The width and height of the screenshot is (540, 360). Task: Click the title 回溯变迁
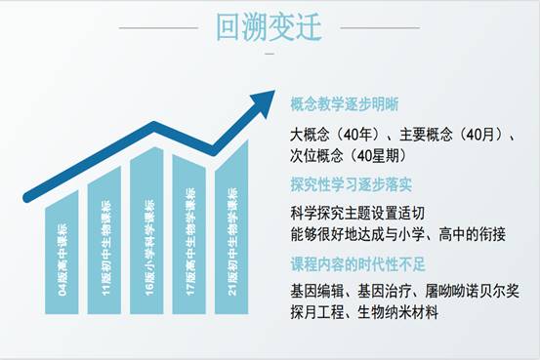(x=270, y=26)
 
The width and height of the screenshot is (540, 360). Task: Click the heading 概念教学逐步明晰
(x=344, y=103)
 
